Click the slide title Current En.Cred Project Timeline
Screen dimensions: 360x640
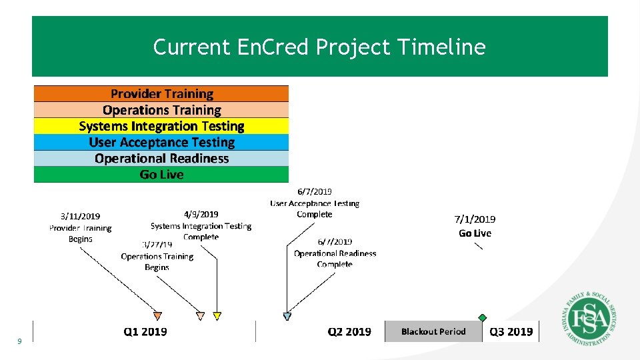click(x=319, y=47)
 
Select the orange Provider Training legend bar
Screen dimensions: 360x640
click(x=161, y=94)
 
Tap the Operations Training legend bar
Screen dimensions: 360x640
click(x=161, y=110)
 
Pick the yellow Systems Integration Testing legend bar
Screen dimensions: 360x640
click(x=161, y=126)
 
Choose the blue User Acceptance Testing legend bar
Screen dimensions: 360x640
click(x=161, y=142)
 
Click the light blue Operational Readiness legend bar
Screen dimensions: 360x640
click(x=161, y=159)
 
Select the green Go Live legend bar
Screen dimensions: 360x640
click(x=161, y=175)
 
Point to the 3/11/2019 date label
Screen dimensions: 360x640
click(x=80, y=216)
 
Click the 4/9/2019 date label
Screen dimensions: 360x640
click(x=201, y=214)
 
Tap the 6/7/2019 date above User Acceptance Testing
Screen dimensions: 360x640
click(x=314, y=193)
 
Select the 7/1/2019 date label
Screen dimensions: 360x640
click(x=475, y=219)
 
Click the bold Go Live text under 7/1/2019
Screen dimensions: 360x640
click(x=475, y=233)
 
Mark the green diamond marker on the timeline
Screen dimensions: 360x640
click(x=482, y=318)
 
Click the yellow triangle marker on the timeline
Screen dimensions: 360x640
click(x=217, y=316)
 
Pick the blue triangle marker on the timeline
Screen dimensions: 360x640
click(x=287, y=316)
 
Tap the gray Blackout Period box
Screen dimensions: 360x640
click(x=433, y=331)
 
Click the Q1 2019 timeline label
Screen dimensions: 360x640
click(x=145, y=331)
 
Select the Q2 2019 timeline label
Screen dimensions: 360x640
click(x=349, y=331)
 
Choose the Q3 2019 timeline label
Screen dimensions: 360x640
click(x=511, y=331)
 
